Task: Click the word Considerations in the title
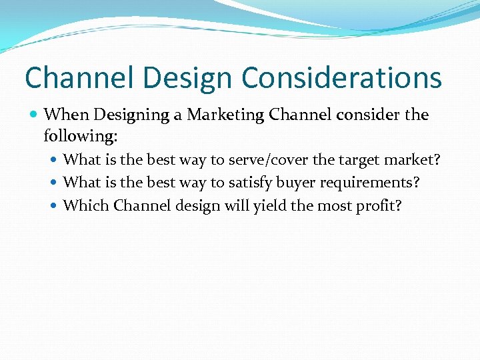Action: click(341, 78)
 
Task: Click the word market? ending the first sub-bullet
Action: click(414, 160)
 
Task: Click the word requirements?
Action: click(373, 183)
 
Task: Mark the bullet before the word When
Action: click(34, 115)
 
